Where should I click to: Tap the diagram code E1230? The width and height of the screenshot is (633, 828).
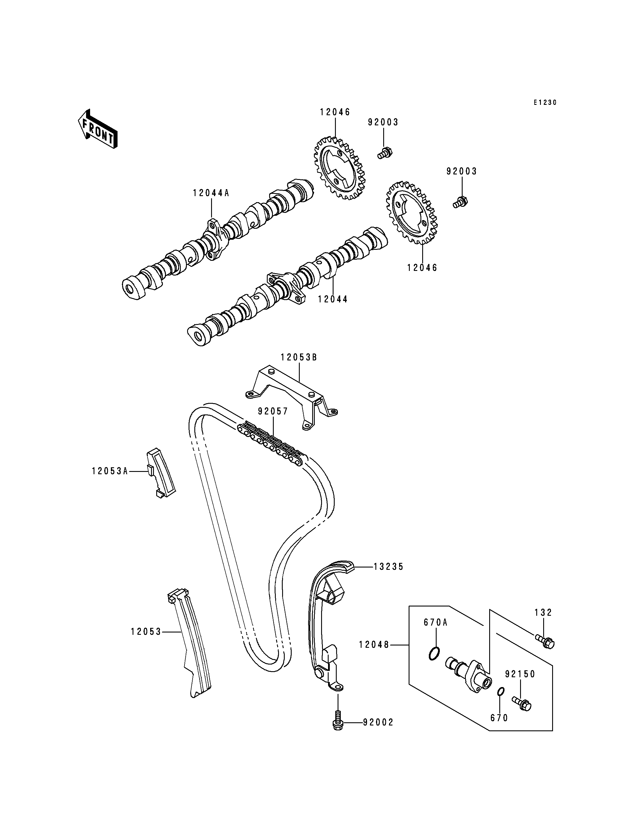coord(545,103)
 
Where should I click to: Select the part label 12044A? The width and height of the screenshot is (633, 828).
coord(211,193)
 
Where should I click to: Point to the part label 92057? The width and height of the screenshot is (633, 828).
coord(273,411)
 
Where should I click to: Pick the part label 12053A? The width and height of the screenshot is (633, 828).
coord(110,471)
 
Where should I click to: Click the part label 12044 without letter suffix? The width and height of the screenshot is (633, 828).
coord(333,299)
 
